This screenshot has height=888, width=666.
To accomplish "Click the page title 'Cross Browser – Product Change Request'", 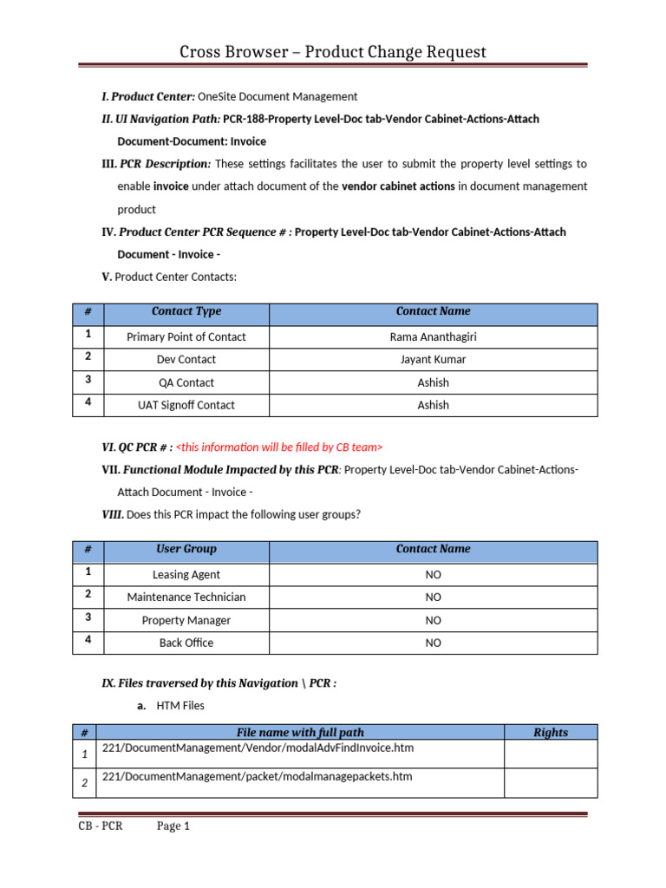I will [333, 52].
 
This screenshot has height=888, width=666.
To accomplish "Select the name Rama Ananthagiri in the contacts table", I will [433, 336].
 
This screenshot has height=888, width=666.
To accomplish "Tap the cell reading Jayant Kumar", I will [433, 359].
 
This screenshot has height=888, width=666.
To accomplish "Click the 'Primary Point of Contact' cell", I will [186, 336].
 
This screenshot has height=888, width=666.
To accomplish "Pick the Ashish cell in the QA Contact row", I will [433, 382].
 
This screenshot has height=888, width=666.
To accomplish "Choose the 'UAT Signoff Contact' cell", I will [186, 405].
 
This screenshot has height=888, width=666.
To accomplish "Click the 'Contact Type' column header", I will [186, 311].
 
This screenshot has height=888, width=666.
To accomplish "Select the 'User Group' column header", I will [186, 549].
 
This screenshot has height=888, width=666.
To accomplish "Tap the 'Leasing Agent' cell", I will [186, 574].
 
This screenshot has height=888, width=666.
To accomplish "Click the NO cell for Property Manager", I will [433, 620].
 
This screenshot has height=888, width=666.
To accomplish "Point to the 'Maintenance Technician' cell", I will [186, 597].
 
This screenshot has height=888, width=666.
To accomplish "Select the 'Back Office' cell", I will [186, 643].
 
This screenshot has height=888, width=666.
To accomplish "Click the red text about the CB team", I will [279, 447].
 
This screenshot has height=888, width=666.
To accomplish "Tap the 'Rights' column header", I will [550, 733].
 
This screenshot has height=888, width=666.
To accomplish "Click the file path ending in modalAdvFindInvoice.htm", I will [257, 748].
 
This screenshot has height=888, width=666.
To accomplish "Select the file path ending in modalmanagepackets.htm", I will [257, 776].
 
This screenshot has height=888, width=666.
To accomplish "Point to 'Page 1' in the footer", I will [173, 826].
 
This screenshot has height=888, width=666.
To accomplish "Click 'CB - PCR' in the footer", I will [100, 826].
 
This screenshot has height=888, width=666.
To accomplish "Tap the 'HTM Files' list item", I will [180, 707].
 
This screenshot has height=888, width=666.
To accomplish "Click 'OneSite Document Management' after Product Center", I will [277, 96].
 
